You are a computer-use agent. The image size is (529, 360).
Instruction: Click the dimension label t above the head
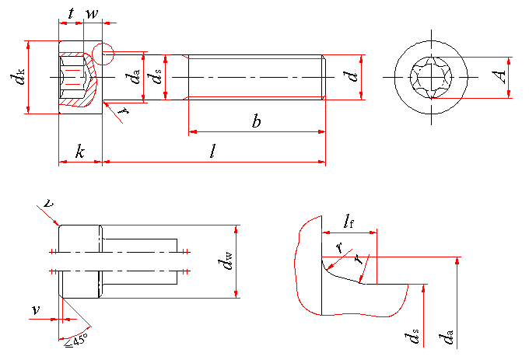pos(72,13)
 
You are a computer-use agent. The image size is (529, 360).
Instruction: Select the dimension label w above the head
pos(91,13)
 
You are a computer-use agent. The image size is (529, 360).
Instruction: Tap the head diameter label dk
pos(16,78)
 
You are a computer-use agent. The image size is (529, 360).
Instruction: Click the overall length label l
pos(213,151)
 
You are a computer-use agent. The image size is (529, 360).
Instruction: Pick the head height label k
pos(79,151)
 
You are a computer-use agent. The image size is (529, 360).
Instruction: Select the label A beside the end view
pos(501,76)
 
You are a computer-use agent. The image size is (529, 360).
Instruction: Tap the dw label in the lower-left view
pos(226,262)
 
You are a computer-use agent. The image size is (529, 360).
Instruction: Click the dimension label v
pos(36,310)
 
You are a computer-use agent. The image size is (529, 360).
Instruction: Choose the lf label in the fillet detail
pos(349,223)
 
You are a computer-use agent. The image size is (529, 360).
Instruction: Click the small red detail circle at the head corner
pos(103,54)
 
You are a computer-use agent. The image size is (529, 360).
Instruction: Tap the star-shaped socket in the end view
pos(432,78)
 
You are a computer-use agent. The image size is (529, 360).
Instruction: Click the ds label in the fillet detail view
pos(412,337)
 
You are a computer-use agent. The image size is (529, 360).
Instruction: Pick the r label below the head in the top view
pos(122,110)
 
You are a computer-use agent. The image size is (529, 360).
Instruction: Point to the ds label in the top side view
pos(157,77)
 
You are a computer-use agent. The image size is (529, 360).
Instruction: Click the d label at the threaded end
pos(352,76)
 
